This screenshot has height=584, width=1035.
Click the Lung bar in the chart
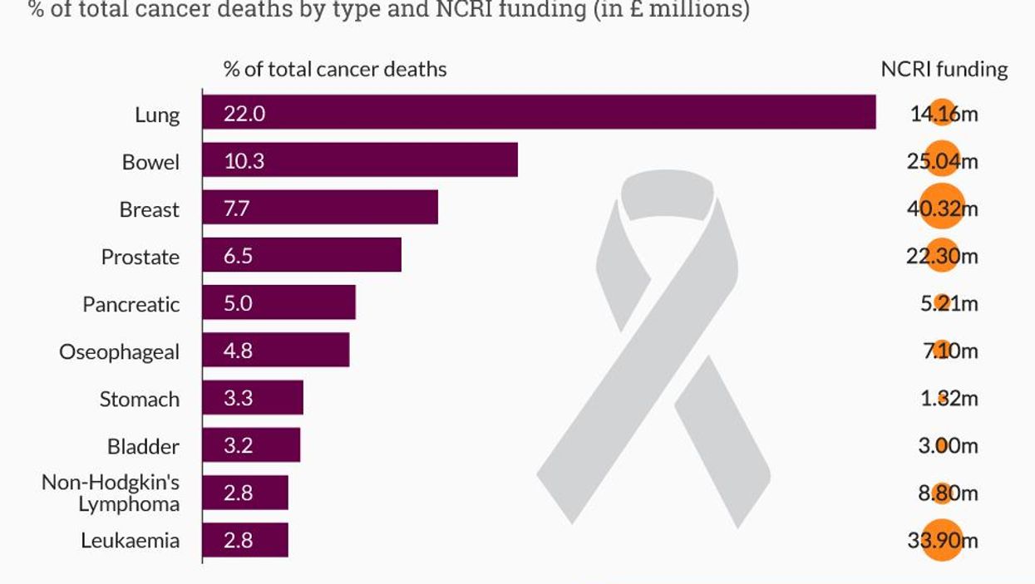(539, 113)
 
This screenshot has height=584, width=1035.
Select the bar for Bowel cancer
(359, 160)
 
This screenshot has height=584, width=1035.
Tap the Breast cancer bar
(319, 208)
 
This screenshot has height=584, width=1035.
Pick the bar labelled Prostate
(301, 255)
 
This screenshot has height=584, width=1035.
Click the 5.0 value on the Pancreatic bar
(238, 303)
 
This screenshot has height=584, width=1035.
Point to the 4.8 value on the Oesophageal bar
(238, 351)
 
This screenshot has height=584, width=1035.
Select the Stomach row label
(139, 400)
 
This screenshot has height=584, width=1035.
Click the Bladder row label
(143, 447)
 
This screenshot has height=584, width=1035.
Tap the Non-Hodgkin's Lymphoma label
(111, 493)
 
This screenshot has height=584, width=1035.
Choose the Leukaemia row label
(130, 541)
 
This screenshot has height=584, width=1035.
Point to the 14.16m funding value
(943, 113)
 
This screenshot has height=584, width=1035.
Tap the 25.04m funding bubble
(942, 161)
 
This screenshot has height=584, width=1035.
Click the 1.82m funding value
(943, 399)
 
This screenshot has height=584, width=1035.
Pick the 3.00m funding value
(943, 446)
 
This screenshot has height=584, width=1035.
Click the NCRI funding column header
(944, 70)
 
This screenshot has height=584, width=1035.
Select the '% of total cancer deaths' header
(335, 70)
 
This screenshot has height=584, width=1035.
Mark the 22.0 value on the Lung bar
(244, 113)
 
